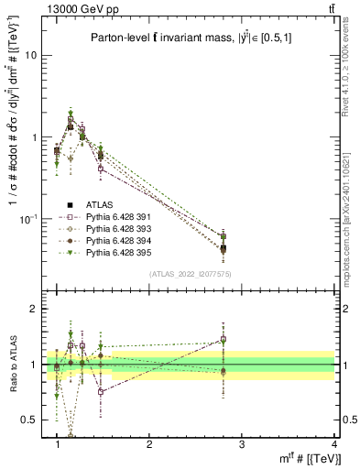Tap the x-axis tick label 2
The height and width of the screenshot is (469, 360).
click(x=149, y=444)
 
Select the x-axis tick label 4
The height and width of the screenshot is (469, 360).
click(x=333, y=444)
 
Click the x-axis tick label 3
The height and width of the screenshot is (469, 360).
click(x=241, y=444)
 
